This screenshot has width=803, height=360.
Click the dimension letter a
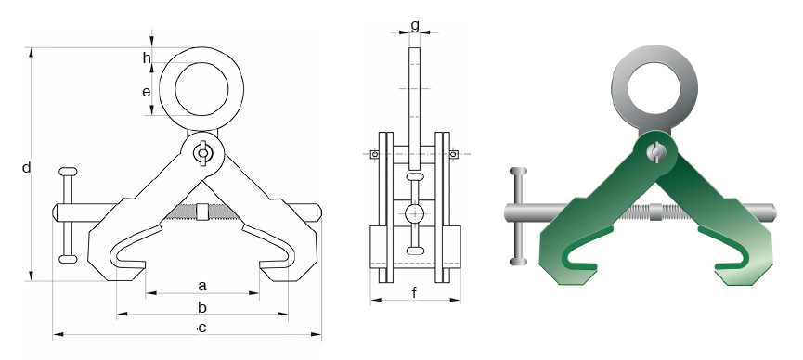pos(202,286)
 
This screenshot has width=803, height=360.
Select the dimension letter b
pos(202,307)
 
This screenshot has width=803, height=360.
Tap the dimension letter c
pos(202,328)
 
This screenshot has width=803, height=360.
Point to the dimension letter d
pos(27,167)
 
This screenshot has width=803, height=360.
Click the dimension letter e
pos(147,92)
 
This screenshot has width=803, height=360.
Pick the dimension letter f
pos(414,292)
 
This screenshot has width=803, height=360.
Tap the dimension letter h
pos(147,58)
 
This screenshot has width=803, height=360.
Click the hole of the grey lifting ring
pos(654,88)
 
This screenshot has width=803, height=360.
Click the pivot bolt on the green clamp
pos(654,152)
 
